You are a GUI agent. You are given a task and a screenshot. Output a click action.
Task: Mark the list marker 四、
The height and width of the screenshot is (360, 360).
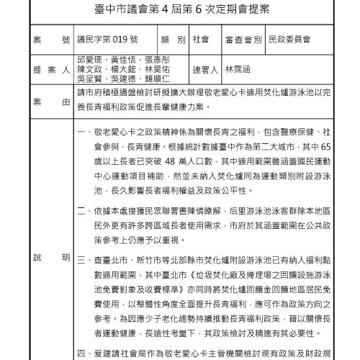tap(82, 354)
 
